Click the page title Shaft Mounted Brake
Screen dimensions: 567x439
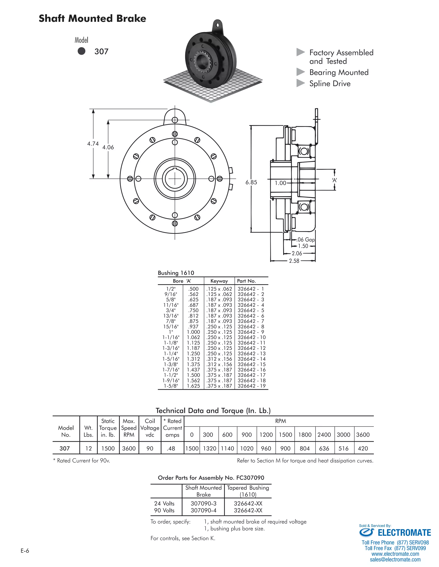pos(92,18)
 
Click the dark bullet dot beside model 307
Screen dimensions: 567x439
pos(81,51)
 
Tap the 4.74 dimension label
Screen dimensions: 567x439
pos(93,144)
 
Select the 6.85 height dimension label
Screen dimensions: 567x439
pos(251,182)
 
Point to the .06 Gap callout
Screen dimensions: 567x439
pos(306,239)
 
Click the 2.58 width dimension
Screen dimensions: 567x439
pos(294,261)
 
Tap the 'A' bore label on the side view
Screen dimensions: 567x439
pos(334,180)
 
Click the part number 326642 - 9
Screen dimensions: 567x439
pos(251,332)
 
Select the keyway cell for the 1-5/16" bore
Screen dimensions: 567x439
pos(219,359)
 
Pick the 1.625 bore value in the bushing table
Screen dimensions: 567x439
pos(194,386)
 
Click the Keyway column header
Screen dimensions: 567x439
pos(219,281)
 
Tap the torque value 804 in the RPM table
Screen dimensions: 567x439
pos(305,448)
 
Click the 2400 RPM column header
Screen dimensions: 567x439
pos(324,435)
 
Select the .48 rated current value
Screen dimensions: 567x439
pos(171,448)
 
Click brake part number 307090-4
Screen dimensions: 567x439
pos(203,510)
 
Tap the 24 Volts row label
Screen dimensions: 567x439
pos(164,503)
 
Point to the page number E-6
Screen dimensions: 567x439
pos(25,551)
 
